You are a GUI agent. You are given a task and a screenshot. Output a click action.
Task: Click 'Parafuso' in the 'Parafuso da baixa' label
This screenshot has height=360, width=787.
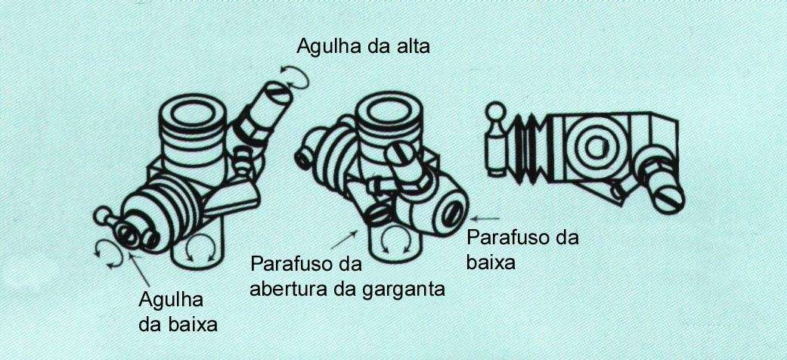(x=503, y=238)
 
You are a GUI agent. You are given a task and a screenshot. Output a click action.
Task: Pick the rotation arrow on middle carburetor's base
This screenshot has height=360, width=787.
(x=394, y=242)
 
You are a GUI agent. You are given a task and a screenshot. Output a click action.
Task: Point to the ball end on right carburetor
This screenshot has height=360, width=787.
(x=497, y=114)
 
